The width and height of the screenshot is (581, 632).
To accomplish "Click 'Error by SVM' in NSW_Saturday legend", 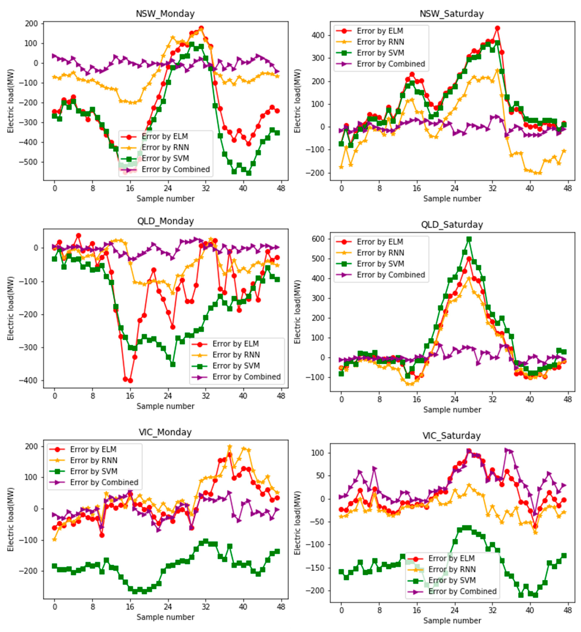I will [380, 53].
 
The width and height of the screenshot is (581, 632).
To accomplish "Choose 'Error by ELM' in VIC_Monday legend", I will [93, 449].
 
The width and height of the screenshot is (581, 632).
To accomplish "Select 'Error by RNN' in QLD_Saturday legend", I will [380, 253].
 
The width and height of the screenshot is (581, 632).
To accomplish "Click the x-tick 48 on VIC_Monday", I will [281, 607].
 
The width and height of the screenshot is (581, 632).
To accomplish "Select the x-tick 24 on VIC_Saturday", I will [454, 611].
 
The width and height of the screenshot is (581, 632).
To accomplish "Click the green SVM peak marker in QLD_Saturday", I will [469, 239].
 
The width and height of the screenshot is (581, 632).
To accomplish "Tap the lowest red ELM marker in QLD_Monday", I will [130, 381].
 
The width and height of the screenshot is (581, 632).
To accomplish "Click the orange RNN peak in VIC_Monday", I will [230, 447].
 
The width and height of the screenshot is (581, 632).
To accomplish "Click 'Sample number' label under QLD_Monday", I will [165, 406].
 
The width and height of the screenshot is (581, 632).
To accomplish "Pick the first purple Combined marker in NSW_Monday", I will [54, 56].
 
